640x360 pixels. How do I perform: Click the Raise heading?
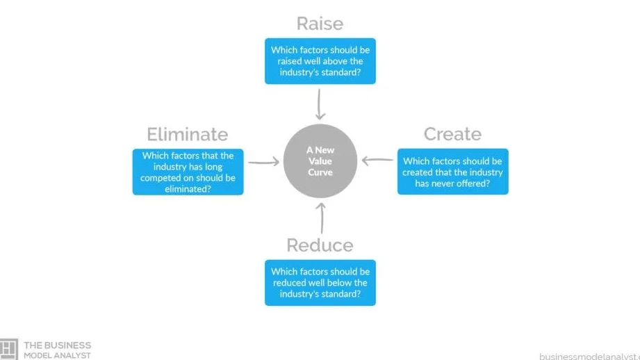tap(320, 24)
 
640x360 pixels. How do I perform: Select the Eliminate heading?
tap(188, 134)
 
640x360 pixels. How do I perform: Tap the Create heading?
tap(452, 134)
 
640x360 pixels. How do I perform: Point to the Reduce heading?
tap(320, 245)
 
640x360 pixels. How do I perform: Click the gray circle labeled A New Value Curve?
tap(320, 161)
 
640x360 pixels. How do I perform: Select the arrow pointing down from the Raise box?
tap(319, 104)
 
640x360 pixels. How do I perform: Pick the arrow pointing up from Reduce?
tap(322, 218)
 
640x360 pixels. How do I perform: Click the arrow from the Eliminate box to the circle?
tap(263, 163)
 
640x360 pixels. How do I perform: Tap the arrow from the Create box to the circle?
tap(377, 161)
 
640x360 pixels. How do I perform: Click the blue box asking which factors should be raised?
tap(320, 61)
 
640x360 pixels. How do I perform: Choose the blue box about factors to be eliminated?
tap(188, 172)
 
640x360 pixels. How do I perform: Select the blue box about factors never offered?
tap(452, 172)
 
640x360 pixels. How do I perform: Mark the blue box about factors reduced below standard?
tap(320, 283)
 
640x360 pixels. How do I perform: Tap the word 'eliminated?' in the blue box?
tap(188, 189)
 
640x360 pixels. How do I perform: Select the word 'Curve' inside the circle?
tap(320, 172)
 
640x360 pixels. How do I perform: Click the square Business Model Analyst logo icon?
tap(8, 350)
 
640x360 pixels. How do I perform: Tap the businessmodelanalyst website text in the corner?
tap(589, 357)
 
